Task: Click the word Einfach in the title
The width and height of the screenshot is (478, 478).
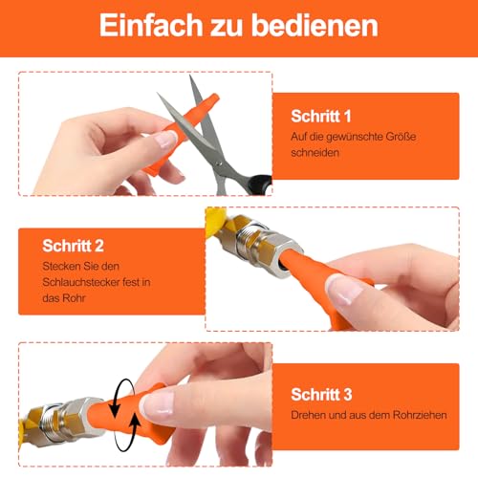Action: pos(150,25)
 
